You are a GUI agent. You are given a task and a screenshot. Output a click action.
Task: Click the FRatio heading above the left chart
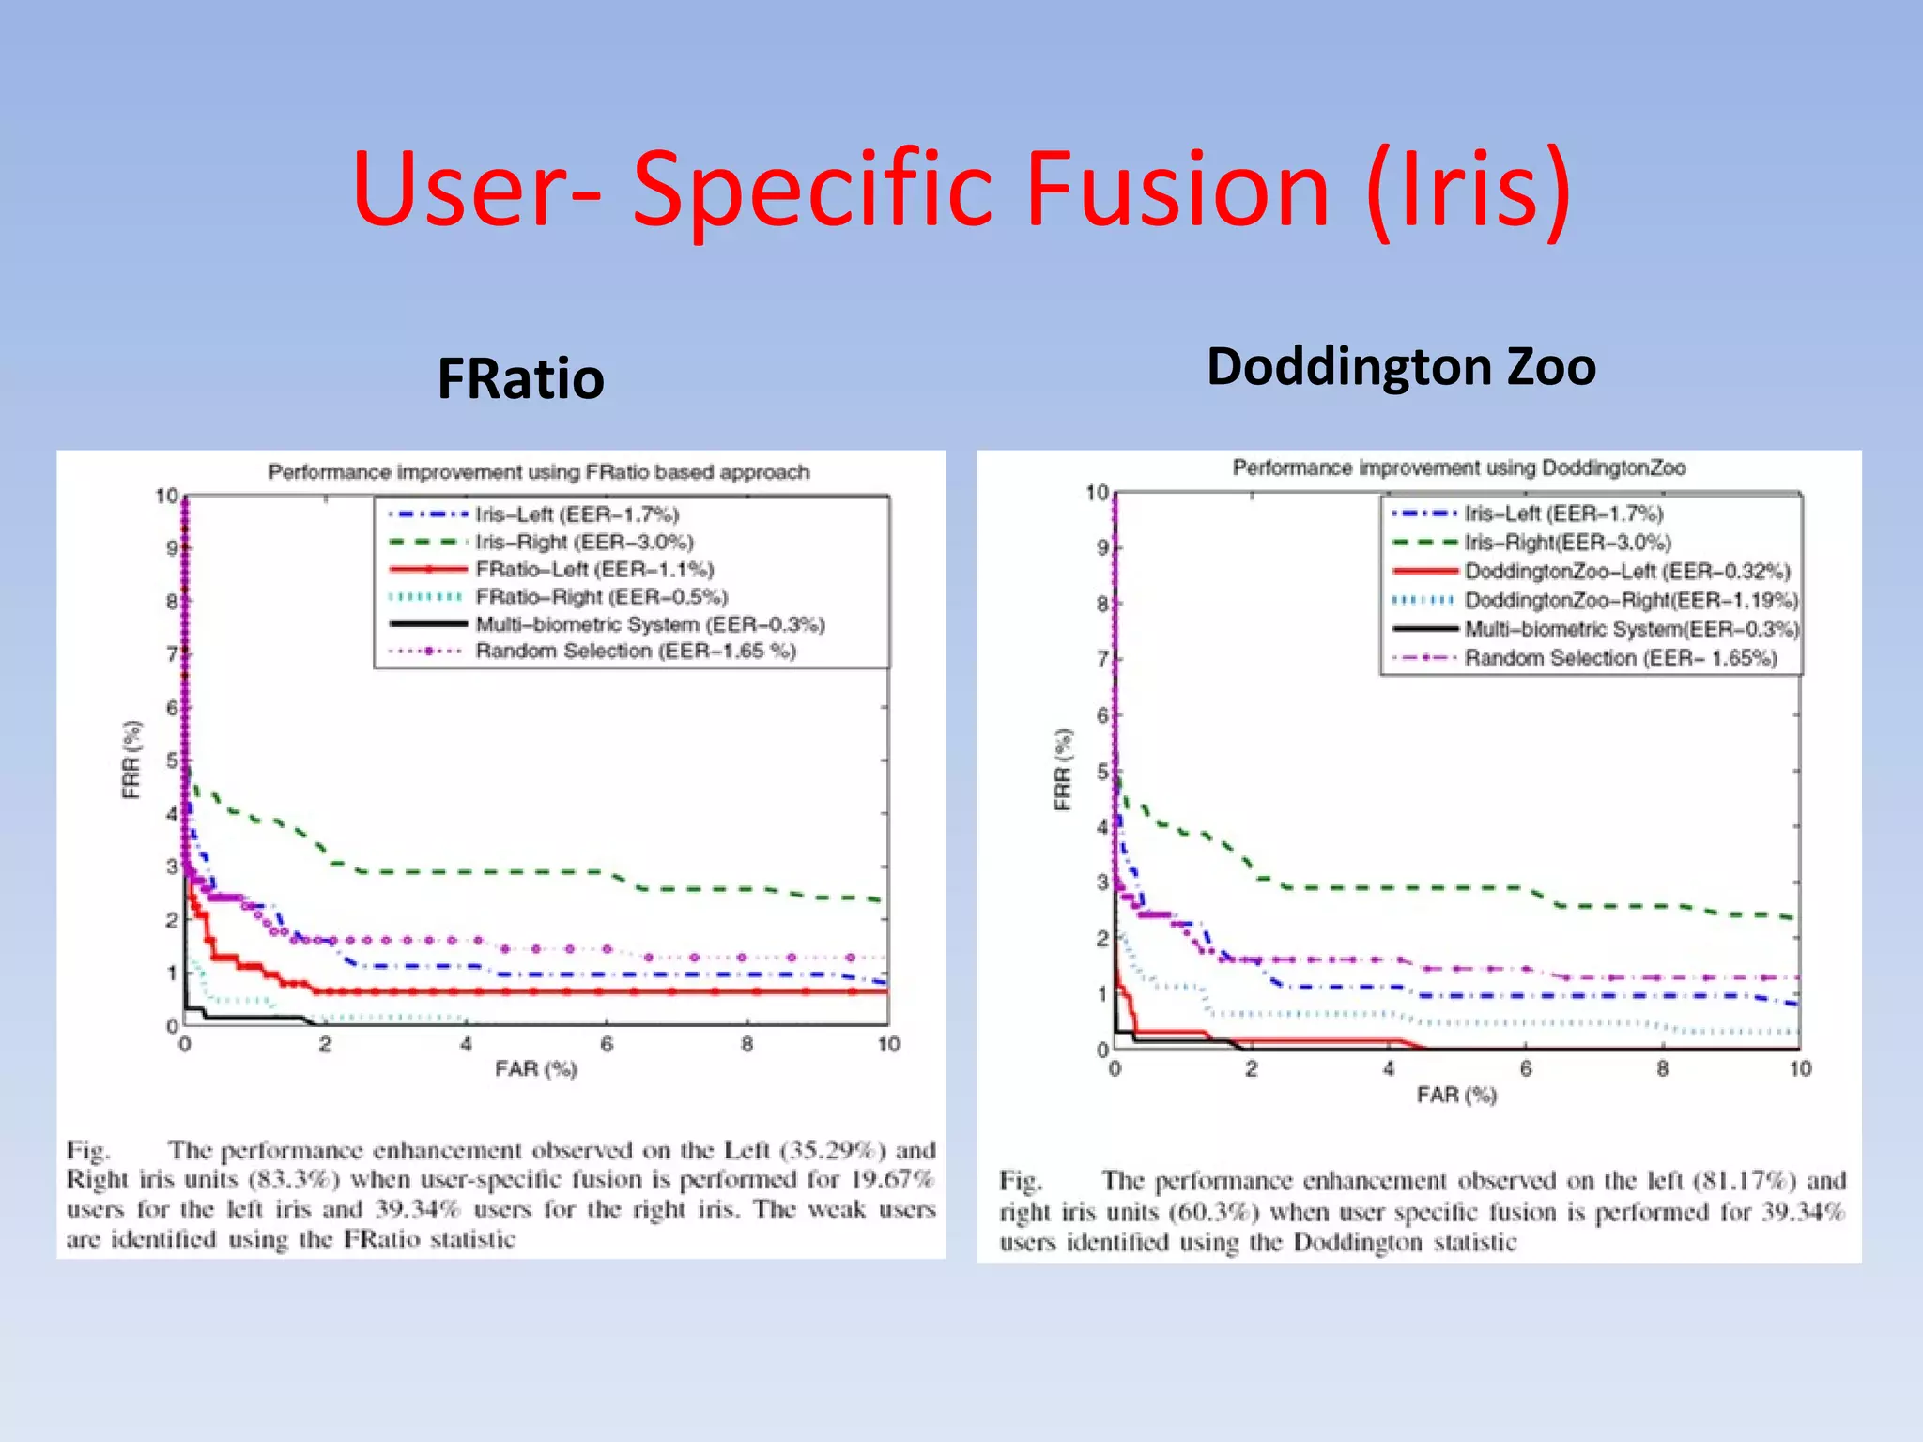(x=520, y=379)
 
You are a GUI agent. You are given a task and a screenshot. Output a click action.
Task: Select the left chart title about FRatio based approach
(x=538, y=472)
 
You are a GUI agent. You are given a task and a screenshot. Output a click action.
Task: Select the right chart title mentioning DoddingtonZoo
(x=1458, y=468)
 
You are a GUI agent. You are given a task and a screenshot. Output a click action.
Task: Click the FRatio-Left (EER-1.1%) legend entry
(x=593, y=570)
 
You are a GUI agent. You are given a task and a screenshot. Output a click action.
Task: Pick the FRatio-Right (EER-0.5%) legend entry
(x=601, y=597)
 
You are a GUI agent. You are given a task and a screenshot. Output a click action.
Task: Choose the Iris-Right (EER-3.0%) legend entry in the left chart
(x=584, y=542)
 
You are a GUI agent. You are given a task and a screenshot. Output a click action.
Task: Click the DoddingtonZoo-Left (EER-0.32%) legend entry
(x=1626, y=572)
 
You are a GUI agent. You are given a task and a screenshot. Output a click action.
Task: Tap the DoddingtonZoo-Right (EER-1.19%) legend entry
(x=1630, y=600)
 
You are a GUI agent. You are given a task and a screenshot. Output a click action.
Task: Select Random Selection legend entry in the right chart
(x=1620, y=658)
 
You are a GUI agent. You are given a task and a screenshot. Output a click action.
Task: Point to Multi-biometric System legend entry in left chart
(x=650, y=624)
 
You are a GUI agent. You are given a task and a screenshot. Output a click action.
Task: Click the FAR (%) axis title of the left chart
(x=536, y=1069)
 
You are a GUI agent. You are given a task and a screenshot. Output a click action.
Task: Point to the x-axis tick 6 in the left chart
(x=607, y=1045)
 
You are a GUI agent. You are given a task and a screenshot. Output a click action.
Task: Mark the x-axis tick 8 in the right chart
(x=1662, y=1069)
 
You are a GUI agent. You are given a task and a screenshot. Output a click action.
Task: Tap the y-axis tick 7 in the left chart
(x=173, y=653)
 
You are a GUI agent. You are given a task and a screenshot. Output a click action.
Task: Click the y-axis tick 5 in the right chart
(x=1102, y=772)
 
